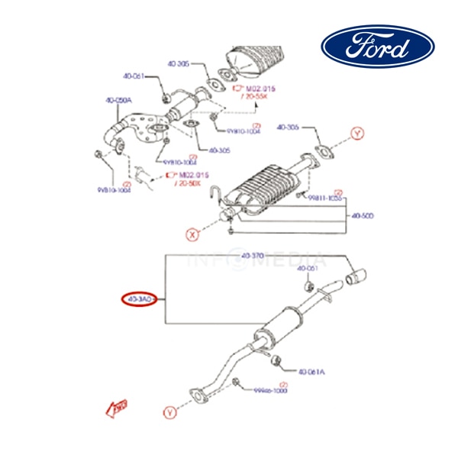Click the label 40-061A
(311, 372)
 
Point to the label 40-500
(363, 216)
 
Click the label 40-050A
(118, 99)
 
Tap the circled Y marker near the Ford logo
(358, 134)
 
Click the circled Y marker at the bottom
(169, 412)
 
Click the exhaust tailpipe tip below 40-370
(356, 276)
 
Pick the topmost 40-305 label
(179, 66)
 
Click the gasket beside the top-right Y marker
(324, 150)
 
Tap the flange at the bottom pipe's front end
(198, 396)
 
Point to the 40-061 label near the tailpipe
(308, 269)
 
